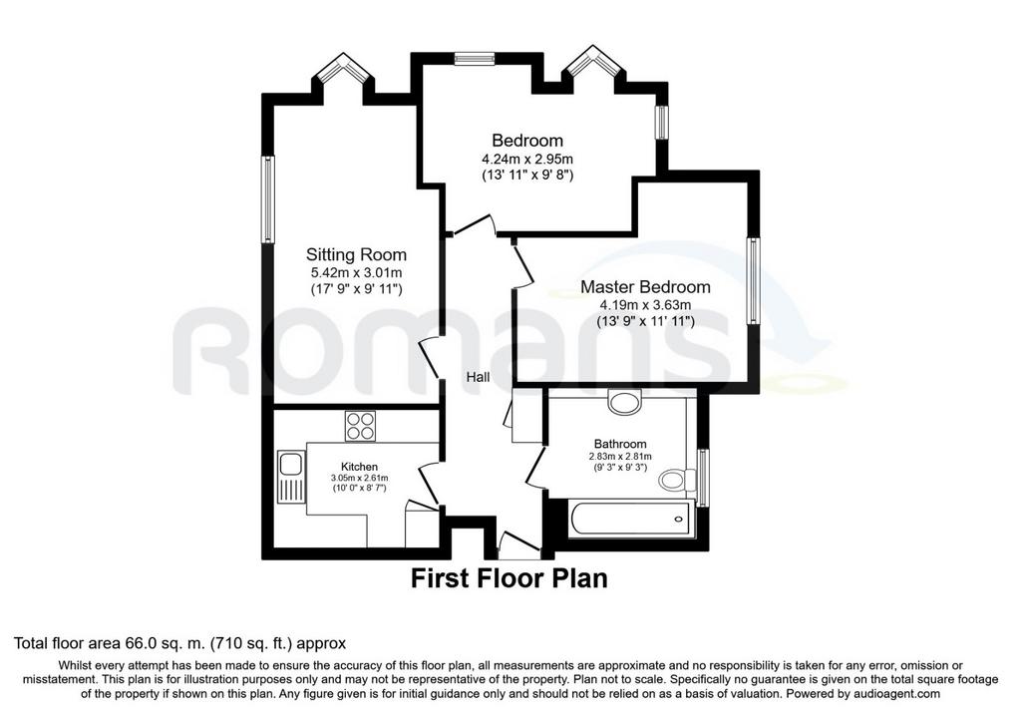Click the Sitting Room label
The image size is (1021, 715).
356,254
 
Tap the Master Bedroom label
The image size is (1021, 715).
645,286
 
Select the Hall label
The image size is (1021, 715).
478,376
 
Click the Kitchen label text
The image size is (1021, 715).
359,467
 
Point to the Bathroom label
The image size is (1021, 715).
620,444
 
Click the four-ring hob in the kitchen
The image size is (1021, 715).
360,426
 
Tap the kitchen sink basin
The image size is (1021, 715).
290,465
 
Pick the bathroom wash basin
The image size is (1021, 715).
624,401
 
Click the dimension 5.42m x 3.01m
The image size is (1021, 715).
356,272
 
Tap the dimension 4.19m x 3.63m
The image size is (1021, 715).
645,304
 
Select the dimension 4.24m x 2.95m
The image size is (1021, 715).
527,159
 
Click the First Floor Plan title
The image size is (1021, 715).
510,578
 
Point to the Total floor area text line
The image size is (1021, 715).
180,643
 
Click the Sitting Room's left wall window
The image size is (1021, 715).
268,199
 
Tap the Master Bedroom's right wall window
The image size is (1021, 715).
754,280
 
